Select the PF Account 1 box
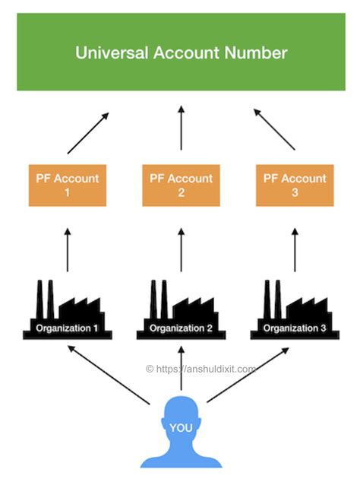(68, 186)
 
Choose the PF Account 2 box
(181, 186)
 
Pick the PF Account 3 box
(294, 186)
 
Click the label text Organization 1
(68, 328)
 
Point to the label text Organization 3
(294, 328)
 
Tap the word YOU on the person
(181, 428)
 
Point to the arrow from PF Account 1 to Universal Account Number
(87, 134)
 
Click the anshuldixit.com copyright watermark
(201, 368)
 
